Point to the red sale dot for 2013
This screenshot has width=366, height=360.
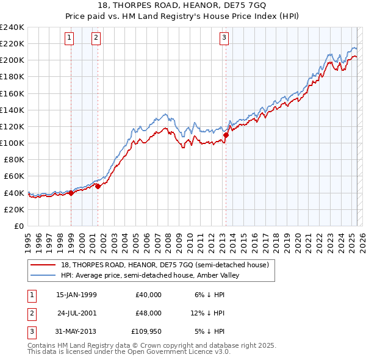[x=226, y=135]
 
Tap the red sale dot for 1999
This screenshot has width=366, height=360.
[x=71, y=193]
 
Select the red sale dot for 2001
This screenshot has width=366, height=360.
[x=98, y=186]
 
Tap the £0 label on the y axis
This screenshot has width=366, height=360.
[x=18, y=226]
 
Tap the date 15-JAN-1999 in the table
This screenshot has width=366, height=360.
[x=76, y=295]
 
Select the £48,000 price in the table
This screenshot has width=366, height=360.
[x=149, y=313]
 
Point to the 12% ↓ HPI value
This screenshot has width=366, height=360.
[x=208, y=313]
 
